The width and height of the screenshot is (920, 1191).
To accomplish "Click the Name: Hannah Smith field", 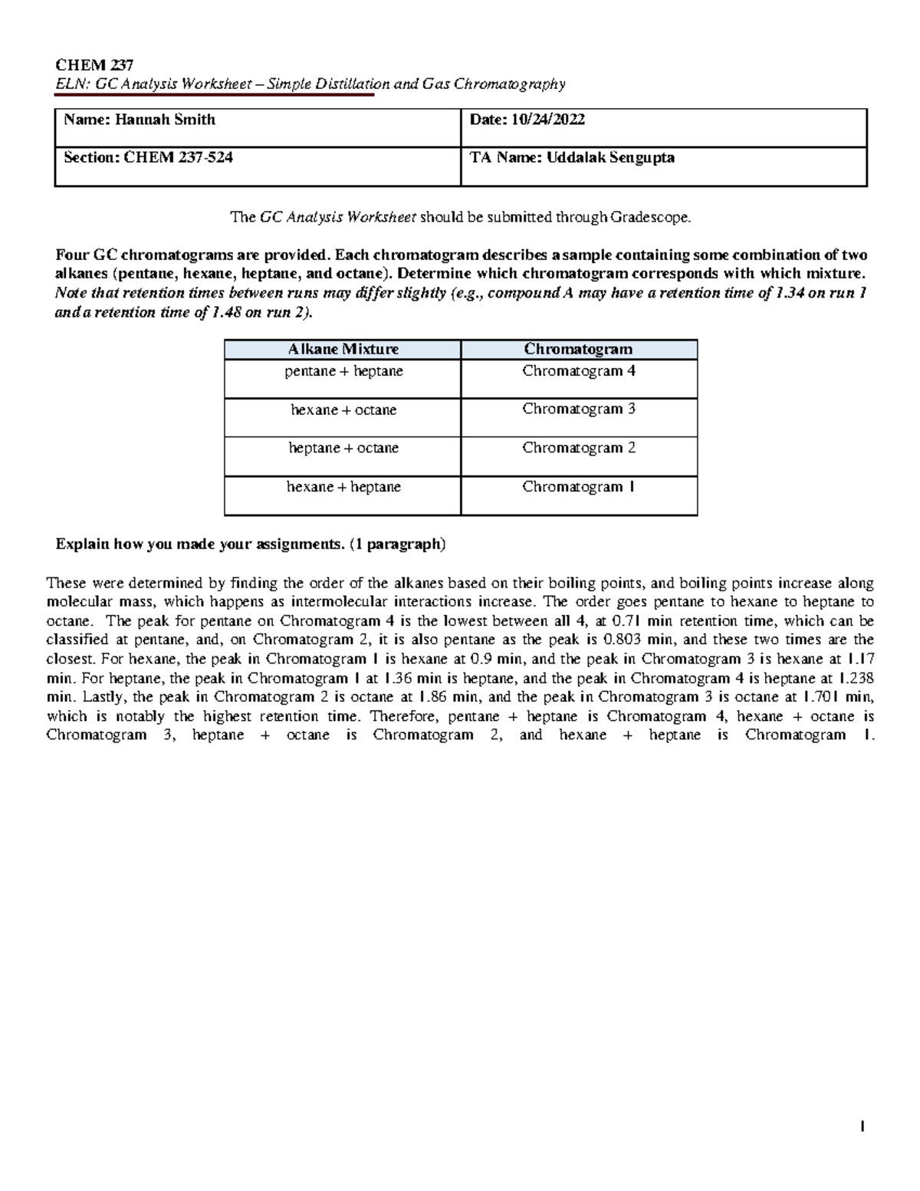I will [x=140, y=120].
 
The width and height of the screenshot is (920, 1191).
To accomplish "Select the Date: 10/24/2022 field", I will [x=527, y=120].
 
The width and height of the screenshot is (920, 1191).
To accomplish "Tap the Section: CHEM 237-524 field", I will [x=148, y=158].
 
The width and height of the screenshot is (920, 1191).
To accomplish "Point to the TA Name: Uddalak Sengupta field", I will [x=572, y=158].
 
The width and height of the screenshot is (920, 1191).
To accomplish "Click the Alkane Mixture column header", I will [x=343, y=350].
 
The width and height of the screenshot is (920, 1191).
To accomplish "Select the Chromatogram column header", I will [x=579, y=350].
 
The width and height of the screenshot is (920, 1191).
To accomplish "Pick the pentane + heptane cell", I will [x=343, y=372].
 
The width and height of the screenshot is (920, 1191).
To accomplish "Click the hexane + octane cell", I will [x=343, y=410].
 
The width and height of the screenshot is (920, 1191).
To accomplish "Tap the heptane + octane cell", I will [x=343, y=449].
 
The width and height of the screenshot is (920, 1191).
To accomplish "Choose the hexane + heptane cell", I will [x=343, y=487].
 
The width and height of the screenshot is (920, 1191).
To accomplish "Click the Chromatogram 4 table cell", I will [x=579, y=371].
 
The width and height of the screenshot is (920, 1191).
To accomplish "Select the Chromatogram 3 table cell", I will [x=579, y=410].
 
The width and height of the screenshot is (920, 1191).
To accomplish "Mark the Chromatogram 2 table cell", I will [x=579, y=448].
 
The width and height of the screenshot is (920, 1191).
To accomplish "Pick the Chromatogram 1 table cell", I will [x=579, y=487].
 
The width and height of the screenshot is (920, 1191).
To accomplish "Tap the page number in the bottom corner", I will [x=863, y=1127].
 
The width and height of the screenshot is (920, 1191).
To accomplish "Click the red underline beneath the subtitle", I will [x=215, y=96].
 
